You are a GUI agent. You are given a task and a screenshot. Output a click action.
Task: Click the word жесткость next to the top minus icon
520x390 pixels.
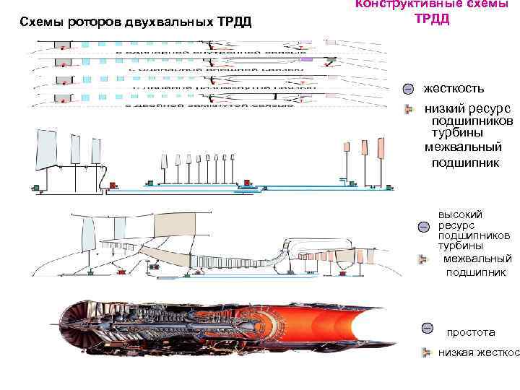454,88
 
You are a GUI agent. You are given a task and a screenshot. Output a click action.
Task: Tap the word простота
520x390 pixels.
471,332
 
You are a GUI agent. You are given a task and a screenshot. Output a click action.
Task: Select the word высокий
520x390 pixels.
460,214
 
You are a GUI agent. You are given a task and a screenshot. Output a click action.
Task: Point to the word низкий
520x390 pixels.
441,108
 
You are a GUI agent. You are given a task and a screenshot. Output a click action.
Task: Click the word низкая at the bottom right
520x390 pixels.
455,352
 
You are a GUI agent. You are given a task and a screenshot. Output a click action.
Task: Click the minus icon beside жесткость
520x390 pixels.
409,89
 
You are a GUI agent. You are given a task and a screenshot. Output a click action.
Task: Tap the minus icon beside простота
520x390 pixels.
427,329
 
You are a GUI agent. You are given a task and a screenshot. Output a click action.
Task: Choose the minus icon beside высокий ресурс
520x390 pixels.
425,227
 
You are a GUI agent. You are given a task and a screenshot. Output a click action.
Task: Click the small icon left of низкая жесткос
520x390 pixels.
427,352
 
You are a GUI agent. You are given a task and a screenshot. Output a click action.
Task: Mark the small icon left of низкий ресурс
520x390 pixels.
409,109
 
